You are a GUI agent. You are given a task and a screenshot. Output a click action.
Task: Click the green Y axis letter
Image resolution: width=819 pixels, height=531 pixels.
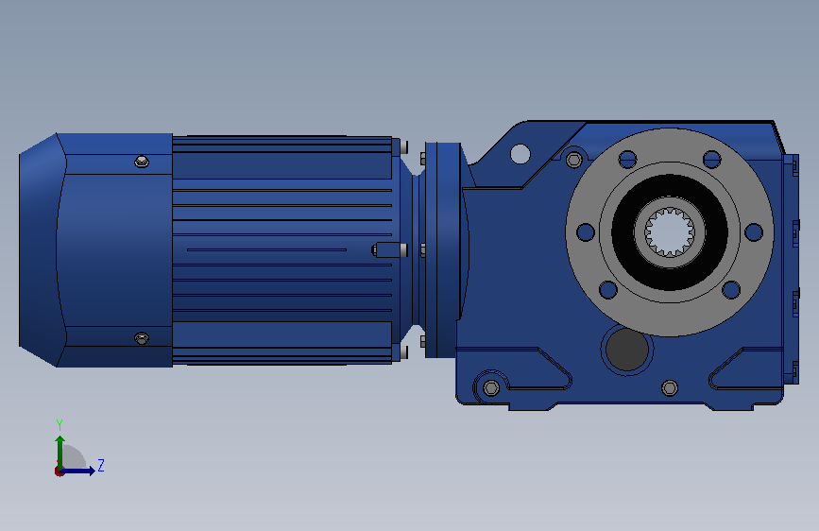(x=60, y=424)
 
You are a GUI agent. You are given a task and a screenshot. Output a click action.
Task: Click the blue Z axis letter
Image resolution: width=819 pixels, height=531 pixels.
(x=101, y=465)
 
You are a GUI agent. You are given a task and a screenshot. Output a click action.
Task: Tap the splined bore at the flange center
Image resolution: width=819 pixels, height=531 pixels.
(x=669, y=232)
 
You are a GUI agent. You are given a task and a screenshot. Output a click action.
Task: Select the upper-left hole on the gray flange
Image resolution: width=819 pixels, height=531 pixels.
(x=627, y=160)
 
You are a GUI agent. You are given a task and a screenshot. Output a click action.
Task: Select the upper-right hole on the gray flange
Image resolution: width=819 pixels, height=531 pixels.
(x=712, y=160)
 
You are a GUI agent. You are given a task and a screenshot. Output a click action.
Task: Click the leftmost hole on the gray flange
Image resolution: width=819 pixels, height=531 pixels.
(x=586, y=232)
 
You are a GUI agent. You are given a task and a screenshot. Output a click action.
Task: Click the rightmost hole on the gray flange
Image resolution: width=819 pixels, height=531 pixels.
(x=754, y=232)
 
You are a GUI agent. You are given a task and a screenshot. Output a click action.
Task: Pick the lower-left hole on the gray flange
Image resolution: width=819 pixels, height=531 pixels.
(x=608, y=289)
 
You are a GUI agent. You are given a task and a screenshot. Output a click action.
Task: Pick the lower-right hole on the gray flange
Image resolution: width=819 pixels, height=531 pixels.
(x=731, y=289)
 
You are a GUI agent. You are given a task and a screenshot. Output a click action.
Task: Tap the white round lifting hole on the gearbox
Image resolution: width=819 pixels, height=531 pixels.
(x=520, y=154)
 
